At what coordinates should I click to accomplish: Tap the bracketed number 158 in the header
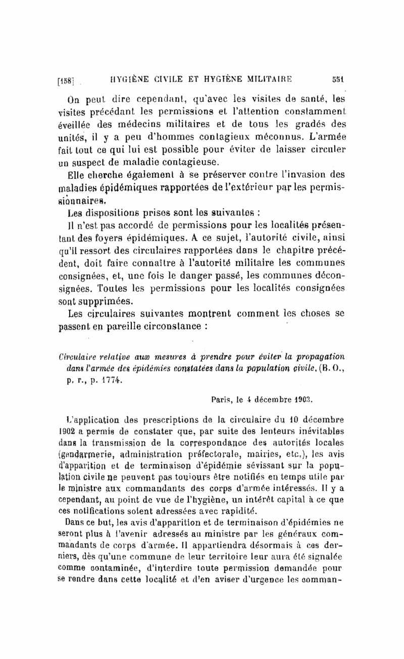click(x=67, y=79)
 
